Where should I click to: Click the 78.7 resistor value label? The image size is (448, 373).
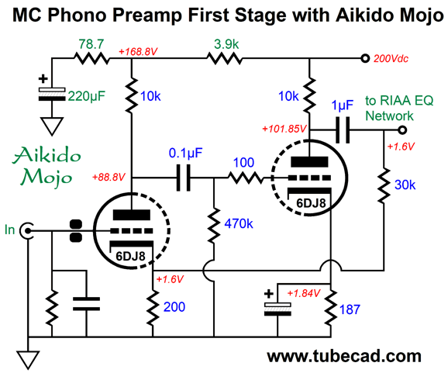tap(91, 44)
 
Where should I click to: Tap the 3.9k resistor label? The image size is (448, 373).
tap(226, 44)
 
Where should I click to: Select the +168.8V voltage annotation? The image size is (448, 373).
tap(138, 52)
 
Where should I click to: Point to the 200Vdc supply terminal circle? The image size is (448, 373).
tap(365, 58)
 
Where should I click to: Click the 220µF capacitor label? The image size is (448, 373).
tap(86, 96)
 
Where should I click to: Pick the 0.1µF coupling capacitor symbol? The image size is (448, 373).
tap(183, 178)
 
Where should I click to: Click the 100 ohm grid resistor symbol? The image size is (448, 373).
tap(245, 178)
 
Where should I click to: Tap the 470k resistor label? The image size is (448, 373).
tap(239, 223)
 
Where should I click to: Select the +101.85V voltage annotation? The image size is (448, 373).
tap(284, 129)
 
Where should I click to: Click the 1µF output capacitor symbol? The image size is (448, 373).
tap(343, 130)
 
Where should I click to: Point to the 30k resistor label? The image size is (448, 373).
tap(405, 185)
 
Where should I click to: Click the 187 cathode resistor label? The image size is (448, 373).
tap(350, 309)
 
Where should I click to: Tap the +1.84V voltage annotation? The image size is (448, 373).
tap(304, 293)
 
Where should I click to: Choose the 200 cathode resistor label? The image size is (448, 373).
tap(174, 307)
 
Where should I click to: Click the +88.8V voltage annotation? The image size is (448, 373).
tap(109, 178)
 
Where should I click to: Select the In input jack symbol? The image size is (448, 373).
tap(27, 230)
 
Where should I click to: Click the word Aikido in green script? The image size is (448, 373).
tap(47, 156)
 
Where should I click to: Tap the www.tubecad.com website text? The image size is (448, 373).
tap(344, 356)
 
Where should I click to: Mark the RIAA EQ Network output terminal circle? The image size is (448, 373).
tap(402, 130)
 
